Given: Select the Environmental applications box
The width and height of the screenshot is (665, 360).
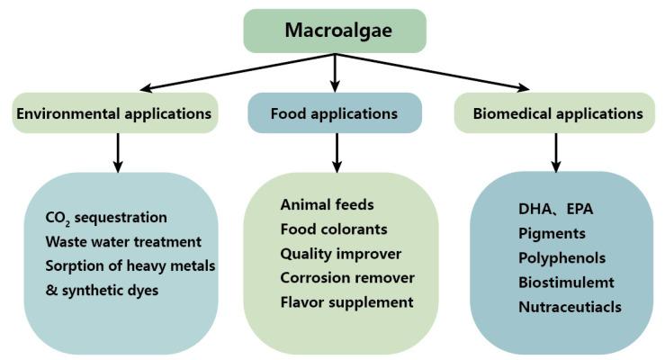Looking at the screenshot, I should click(x=114, y=113).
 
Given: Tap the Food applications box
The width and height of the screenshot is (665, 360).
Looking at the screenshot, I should click(x=334, y=113).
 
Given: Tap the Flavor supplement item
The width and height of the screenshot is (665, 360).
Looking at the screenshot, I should click(x=346, y=301).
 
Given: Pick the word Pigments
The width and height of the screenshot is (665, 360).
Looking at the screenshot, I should click(x=550, y=232).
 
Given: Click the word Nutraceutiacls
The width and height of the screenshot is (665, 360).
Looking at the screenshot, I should click(x=570, y=306).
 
